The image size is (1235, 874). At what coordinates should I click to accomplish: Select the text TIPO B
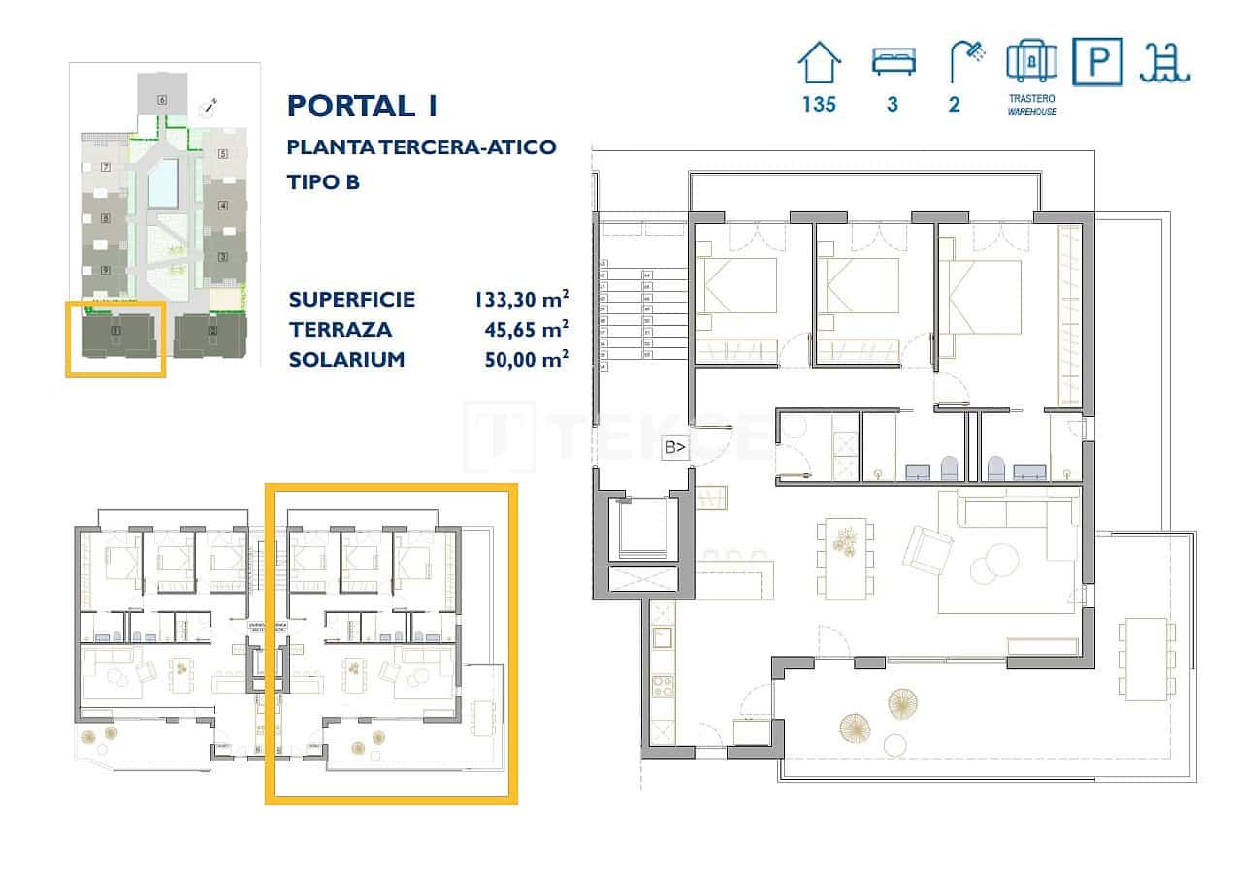point(324,181)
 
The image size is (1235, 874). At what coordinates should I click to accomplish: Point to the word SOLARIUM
point(346,360)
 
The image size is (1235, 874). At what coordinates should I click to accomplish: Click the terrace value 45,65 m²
point(526,330)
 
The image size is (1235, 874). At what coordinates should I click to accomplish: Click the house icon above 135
point(819,64)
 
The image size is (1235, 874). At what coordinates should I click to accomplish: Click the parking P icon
point(1097,62)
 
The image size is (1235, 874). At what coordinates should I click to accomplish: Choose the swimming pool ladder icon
point(1166,64)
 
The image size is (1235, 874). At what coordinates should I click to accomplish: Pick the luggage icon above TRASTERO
point(1031,62)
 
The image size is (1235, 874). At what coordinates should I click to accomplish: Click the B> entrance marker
point(674,447)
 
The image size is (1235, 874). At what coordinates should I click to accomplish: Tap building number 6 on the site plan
point(161,99)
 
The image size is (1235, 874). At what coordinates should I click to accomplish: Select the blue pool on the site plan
point(163,182)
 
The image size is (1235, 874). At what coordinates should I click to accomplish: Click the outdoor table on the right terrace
point(1145,659)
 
